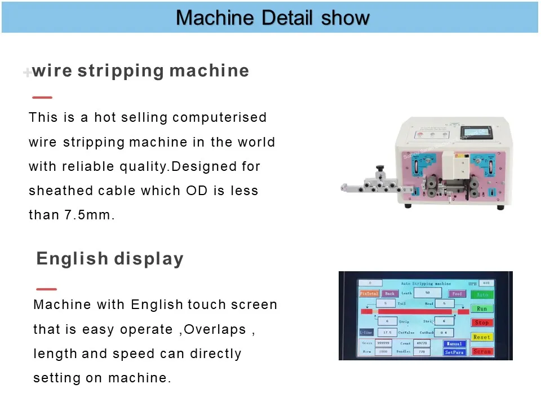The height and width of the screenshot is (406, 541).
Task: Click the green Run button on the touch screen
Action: click(482, 308)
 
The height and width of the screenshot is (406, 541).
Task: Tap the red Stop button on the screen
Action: click(482, 323)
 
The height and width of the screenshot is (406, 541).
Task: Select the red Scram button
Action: click(482, 351)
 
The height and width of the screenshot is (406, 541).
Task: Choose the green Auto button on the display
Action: click(482, 294)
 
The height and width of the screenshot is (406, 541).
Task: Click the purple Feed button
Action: click(457, 294)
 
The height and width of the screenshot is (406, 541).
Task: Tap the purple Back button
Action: click(389, 294)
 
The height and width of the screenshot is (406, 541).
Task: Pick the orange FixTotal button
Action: click(369, 294)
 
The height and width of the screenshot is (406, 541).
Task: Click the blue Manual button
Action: click(454, 343)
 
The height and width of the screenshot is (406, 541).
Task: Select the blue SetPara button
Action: click(454, 352)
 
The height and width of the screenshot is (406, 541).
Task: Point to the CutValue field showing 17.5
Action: click(387, 333)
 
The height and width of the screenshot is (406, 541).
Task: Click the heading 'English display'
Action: click(110, 259)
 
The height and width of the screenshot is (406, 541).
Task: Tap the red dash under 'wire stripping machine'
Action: click(42, 97)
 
